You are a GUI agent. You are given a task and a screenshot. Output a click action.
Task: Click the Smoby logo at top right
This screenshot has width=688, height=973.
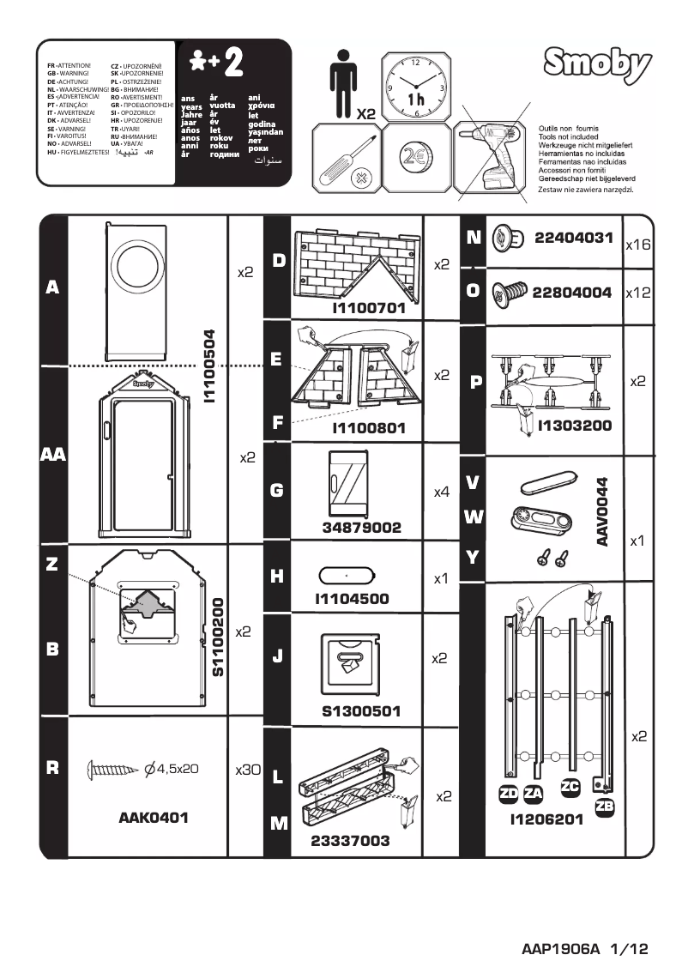click(597, 64)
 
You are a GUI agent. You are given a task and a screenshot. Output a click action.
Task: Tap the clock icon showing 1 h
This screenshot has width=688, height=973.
click(416, 87)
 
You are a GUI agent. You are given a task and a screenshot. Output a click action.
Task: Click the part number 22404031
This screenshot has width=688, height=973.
click(573, 238)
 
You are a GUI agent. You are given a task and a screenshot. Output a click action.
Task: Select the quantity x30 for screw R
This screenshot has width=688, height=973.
click(247, 770)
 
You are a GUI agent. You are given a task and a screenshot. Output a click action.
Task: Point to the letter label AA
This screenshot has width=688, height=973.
click(52, 456)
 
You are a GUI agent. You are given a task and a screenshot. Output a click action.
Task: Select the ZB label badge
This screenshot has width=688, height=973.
click(604, 805)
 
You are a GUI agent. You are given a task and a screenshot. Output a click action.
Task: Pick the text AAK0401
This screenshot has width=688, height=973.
click(153, 818)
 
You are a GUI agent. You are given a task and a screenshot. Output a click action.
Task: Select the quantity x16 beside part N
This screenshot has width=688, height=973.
click(638, 245)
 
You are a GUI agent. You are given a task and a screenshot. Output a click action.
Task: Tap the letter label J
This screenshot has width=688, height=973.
click(277, 657)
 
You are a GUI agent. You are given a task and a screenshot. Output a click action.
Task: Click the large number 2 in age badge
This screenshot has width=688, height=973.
click(232, 63)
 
